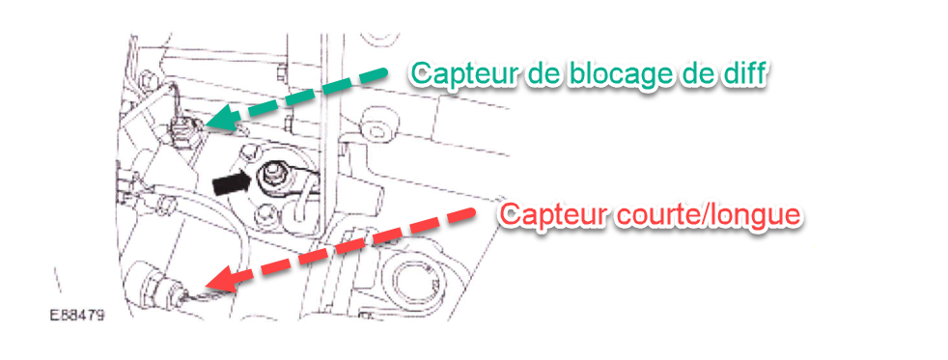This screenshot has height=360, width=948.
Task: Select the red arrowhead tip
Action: (x=205, y=286)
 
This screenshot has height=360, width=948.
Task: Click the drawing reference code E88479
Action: (x=77, y=316)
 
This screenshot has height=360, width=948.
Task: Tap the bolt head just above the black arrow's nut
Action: (x=249, y=152)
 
